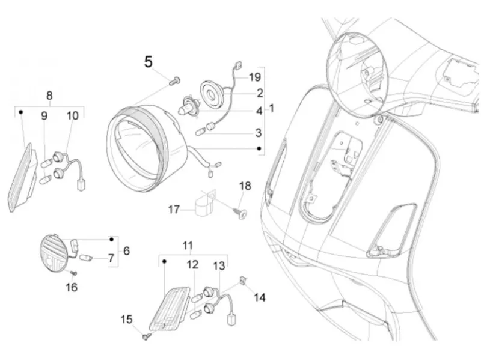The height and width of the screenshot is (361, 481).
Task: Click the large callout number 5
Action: click(x=148, y=62)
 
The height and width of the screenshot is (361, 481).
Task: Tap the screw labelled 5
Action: click(x=175, y=81)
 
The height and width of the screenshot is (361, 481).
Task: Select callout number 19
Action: click(x=254, y=77)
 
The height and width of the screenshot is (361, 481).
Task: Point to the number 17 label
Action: click(x=174, y=210)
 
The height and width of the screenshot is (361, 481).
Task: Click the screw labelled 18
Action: click(x=241, y=213)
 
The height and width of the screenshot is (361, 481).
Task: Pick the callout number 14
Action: click(x=260, y=297)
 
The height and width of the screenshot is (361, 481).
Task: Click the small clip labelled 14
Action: click(x=243, y=280)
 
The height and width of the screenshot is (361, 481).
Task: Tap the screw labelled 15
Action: click(x=146, y=336)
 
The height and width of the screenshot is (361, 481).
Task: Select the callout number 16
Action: click(x=72, y=288)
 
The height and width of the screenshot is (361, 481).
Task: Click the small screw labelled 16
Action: click(x=73, y=273)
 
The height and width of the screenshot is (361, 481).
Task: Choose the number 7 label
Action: click(x=111, y=258)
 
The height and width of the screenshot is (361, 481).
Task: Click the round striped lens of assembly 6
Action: click(x=54, y=253)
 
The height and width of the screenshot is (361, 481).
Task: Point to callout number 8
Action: click(x=49, y=96)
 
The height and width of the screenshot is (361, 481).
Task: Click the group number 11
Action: click(x=188, y=246)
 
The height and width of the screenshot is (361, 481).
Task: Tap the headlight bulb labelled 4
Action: click(x=185, y=106)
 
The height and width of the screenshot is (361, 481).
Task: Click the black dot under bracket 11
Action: click(x=164, y=261)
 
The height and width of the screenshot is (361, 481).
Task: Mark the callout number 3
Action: click(x=259, y=133)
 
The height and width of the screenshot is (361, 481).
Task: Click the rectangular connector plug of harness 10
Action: click(x=81, y=185)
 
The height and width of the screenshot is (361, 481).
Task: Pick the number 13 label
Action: click(x=219, y=266)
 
